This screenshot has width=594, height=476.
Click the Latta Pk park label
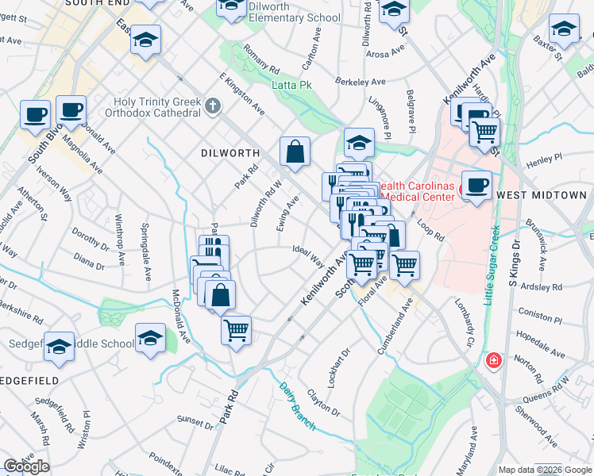pos(291,85)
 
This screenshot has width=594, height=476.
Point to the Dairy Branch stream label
pos(297,406)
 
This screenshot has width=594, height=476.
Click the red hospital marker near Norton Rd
pos(493,361)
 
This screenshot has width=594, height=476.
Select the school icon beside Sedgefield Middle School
pos(150,338)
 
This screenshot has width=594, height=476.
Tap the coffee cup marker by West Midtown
pos(476,186)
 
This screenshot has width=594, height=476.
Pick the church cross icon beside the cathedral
pos(212,106)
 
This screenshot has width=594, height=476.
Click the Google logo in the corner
pos(26,466)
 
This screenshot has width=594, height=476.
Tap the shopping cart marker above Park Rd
pos(236,329)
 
